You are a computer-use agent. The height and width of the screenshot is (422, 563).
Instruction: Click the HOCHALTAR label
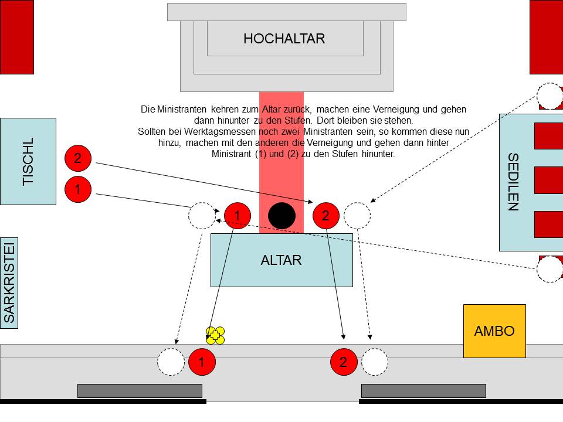[x=284, y=39]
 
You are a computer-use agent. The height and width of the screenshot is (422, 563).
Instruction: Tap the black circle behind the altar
[x=281, y=216]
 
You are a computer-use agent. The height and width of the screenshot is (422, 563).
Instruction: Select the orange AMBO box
[x=494, y=331]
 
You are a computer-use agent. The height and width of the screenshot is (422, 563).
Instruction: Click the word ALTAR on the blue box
[x=281, y=260]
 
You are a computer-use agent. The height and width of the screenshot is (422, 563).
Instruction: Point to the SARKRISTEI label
[x=9, y=281]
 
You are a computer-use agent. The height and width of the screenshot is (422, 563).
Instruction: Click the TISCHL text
[x=28, y=162]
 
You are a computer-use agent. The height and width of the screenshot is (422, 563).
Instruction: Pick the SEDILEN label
[x=513, y=182]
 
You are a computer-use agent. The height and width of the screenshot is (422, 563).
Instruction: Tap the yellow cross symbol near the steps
[x=215, y=336]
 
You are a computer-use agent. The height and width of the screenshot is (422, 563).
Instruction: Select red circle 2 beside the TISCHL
[x=77, y=158]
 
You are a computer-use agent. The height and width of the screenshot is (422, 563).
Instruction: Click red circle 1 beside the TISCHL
[x=77, y=189]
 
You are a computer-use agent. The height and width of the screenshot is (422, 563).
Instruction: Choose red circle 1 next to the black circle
[x=237, y=216]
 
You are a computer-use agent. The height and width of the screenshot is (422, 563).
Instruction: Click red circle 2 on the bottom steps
[x=344, y=362]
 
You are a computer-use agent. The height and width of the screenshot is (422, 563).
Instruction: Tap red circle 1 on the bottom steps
[x=202, y=362]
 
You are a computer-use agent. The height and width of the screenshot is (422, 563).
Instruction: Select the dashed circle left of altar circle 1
[x=202, y=216]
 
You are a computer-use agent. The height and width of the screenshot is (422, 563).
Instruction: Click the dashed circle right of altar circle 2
[x=357, y=216]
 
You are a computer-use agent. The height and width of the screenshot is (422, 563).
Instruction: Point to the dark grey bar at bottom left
[x=140, y=390]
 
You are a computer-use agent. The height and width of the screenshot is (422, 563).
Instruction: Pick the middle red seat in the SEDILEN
[x=548, y=180]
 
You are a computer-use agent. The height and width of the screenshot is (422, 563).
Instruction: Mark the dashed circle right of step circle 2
[x=375, y=362]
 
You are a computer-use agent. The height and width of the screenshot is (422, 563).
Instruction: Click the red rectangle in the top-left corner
[x=16, y=36]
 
